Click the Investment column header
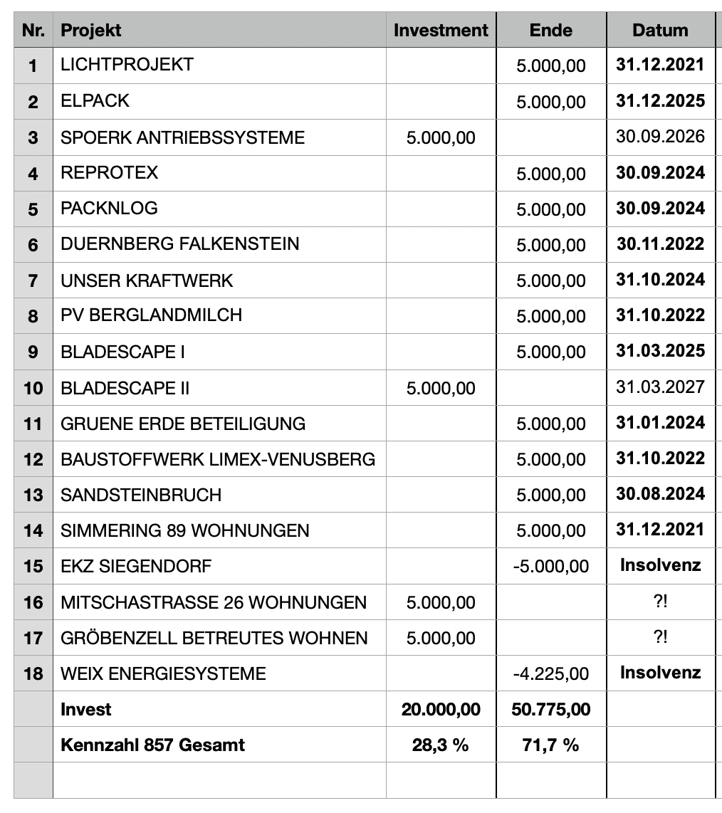coord(441,31)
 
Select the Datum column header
coord(660,31)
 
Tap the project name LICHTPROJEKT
coord(127,65)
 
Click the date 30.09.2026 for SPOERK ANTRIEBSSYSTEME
coord(660,137)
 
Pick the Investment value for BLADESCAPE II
coord(441,388)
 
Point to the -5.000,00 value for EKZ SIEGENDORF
coord(550,567)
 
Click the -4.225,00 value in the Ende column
coord(550,673)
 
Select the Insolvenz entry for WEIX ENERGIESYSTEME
coord(660,672)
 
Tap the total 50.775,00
coord(550,709)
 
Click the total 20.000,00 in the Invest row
coord(441,709)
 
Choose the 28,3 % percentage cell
coord(441,745)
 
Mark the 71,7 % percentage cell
coord(550,745)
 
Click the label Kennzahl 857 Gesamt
coord(152,745)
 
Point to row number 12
coord(33,459)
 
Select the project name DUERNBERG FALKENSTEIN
coord(179,244)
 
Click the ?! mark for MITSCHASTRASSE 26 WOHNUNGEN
coord(660,602)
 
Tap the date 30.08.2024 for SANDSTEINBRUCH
coord(660,494)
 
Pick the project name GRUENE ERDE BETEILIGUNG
coord(183,424)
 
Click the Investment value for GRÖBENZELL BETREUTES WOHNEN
coord(441,638)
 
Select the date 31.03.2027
coord(660,387)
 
